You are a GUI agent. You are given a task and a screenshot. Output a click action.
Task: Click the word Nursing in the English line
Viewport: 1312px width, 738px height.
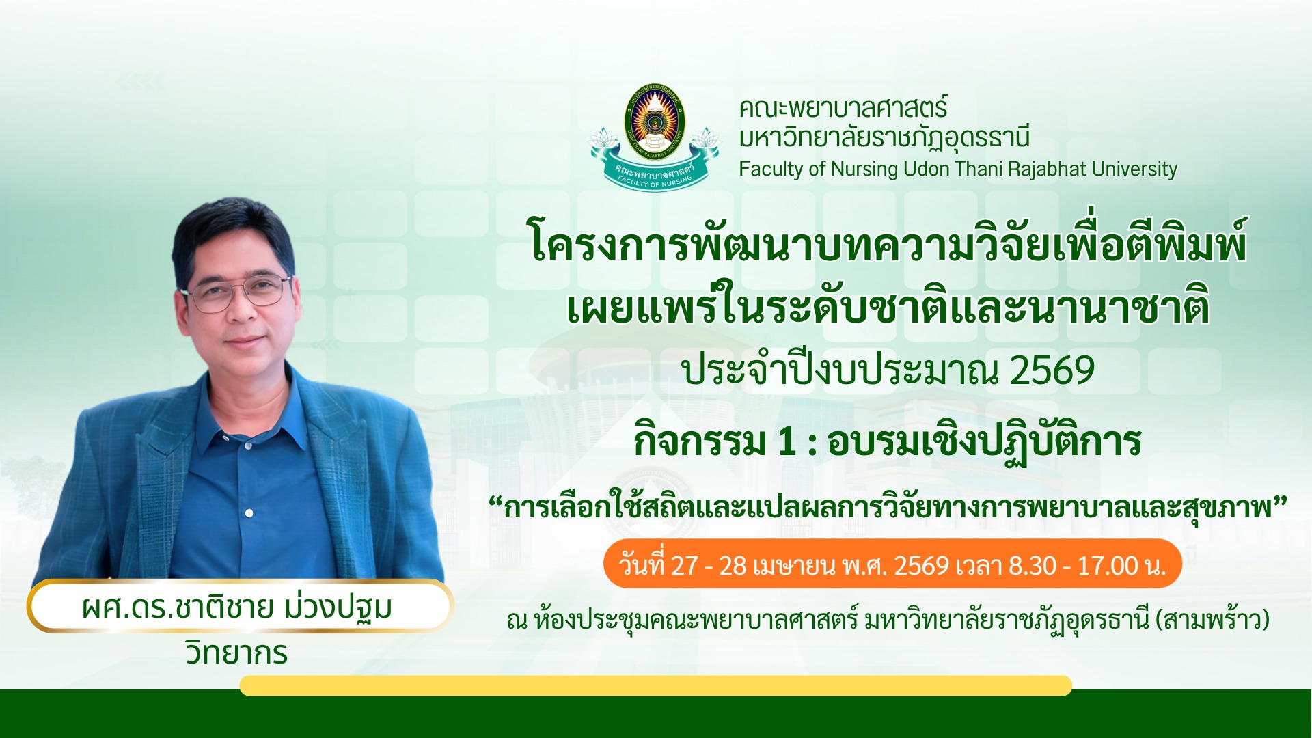tap(864, 169)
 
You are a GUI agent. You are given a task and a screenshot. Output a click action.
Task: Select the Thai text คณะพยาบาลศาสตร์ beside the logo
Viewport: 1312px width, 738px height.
tap(843, 108)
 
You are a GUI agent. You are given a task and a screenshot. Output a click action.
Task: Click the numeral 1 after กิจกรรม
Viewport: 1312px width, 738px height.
tap(787, 441)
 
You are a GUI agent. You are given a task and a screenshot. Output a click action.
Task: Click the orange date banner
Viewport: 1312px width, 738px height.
tap(892, 564)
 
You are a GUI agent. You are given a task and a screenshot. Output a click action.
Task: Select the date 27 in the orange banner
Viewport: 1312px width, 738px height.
tap(685, 566)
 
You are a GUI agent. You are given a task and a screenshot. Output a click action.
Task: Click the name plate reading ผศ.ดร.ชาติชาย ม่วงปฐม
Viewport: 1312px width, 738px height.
tap(239, 606)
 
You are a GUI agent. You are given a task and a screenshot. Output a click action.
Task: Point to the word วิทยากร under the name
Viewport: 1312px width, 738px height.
tap(236, 653)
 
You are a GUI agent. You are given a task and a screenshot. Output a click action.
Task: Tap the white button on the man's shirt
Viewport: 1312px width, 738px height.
tap(249, 512)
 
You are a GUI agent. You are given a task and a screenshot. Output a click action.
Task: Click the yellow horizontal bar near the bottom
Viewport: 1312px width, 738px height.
tap(655, 685)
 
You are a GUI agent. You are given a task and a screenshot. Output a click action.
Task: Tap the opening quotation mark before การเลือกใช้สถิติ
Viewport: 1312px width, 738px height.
tap(495, 506)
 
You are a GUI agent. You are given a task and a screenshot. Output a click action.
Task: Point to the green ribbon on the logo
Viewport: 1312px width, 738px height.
tap(655, 172)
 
